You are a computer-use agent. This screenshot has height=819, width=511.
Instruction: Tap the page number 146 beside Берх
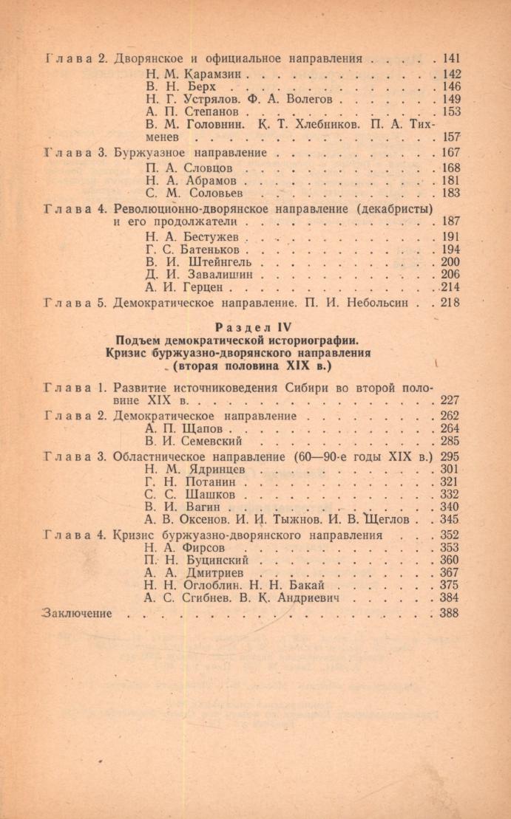450,86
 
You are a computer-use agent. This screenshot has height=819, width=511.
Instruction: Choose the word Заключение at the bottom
78,612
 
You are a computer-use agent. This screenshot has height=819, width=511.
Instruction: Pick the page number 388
449,613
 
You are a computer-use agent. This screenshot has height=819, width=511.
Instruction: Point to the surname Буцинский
210,561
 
